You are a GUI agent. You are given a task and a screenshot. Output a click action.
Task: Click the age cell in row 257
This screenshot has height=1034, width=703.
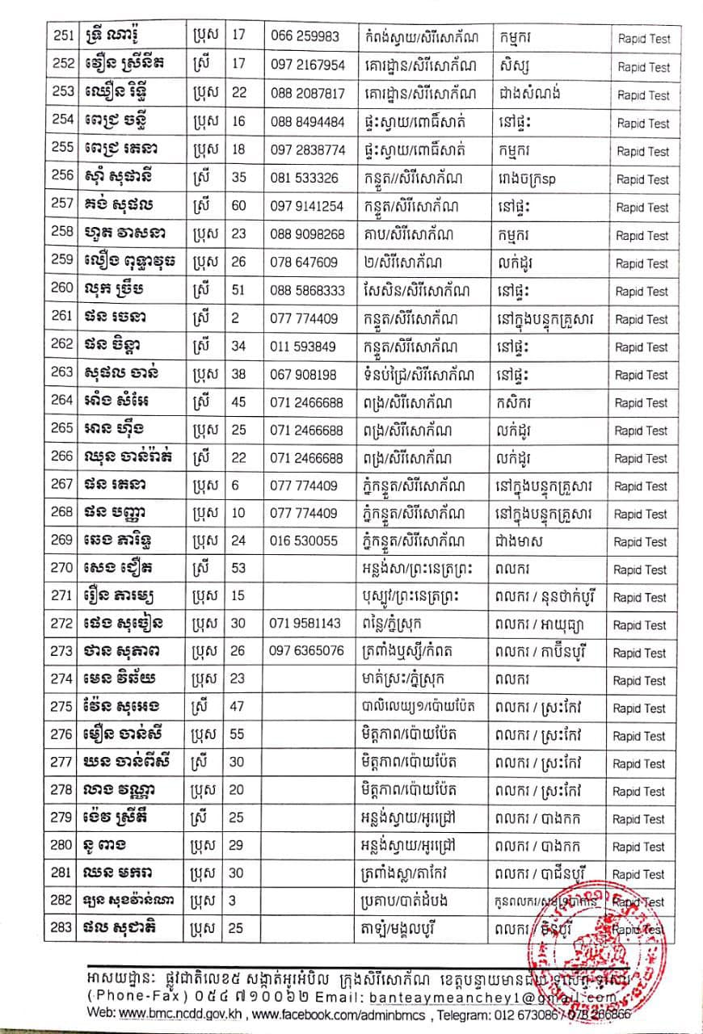(x=238, y=207)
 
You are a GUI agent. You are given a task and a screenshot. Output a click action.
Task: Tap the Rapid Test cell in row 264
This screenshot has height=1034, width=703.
(x=643, y=403)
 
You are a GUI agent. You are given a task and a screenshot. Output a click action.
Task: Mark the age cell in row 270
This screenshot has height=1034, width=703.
(x=238, y=570)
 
